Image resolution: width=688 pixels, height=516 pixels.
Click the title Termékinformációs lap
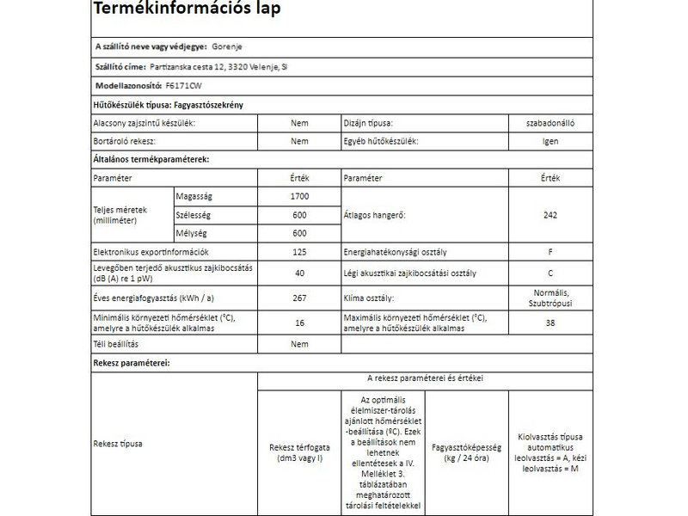coord(186,10)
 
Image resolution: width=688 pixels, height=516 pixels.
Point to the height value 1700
coord(299,196)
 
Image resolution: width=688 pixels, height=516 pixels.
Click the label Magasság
coord(194,196)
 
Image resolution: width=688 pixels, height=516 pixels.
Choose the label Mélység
coord(190,233)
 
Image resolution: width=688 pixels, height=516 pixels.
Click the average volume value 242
coord(550,215)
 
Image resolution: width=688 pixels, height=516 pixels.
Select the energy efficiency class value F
coord(550,252)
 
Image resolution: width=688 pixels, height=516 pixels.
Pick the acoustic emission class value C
coord(550,273)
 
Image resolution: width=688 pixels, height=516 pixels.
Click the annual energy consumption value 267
coord(299,298)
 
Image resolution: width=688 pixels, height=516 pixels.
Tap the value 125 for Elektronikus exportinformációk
coord(299,252)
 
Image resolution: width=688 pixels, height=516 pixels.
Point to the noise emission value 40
coord(299,273)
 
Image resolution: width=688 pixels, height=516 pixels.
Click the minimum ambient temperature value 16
coord(299,322)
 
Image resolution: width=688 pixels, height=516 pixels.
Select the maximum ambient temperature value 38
coord(550,322)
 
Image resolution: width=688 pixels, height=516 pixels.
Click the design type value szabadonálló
coord(550,123)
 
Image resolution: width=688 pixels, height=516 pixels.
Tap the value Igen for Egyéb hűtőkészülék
coord(550,141)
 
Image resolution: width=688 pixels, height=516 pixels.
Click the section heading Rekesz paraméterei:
coord(131,364)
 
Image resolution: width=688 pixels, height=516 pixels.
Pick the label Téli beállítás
coord(115,344)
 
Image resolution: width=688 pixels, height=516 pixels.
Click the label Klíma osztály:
coord(368,298)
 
